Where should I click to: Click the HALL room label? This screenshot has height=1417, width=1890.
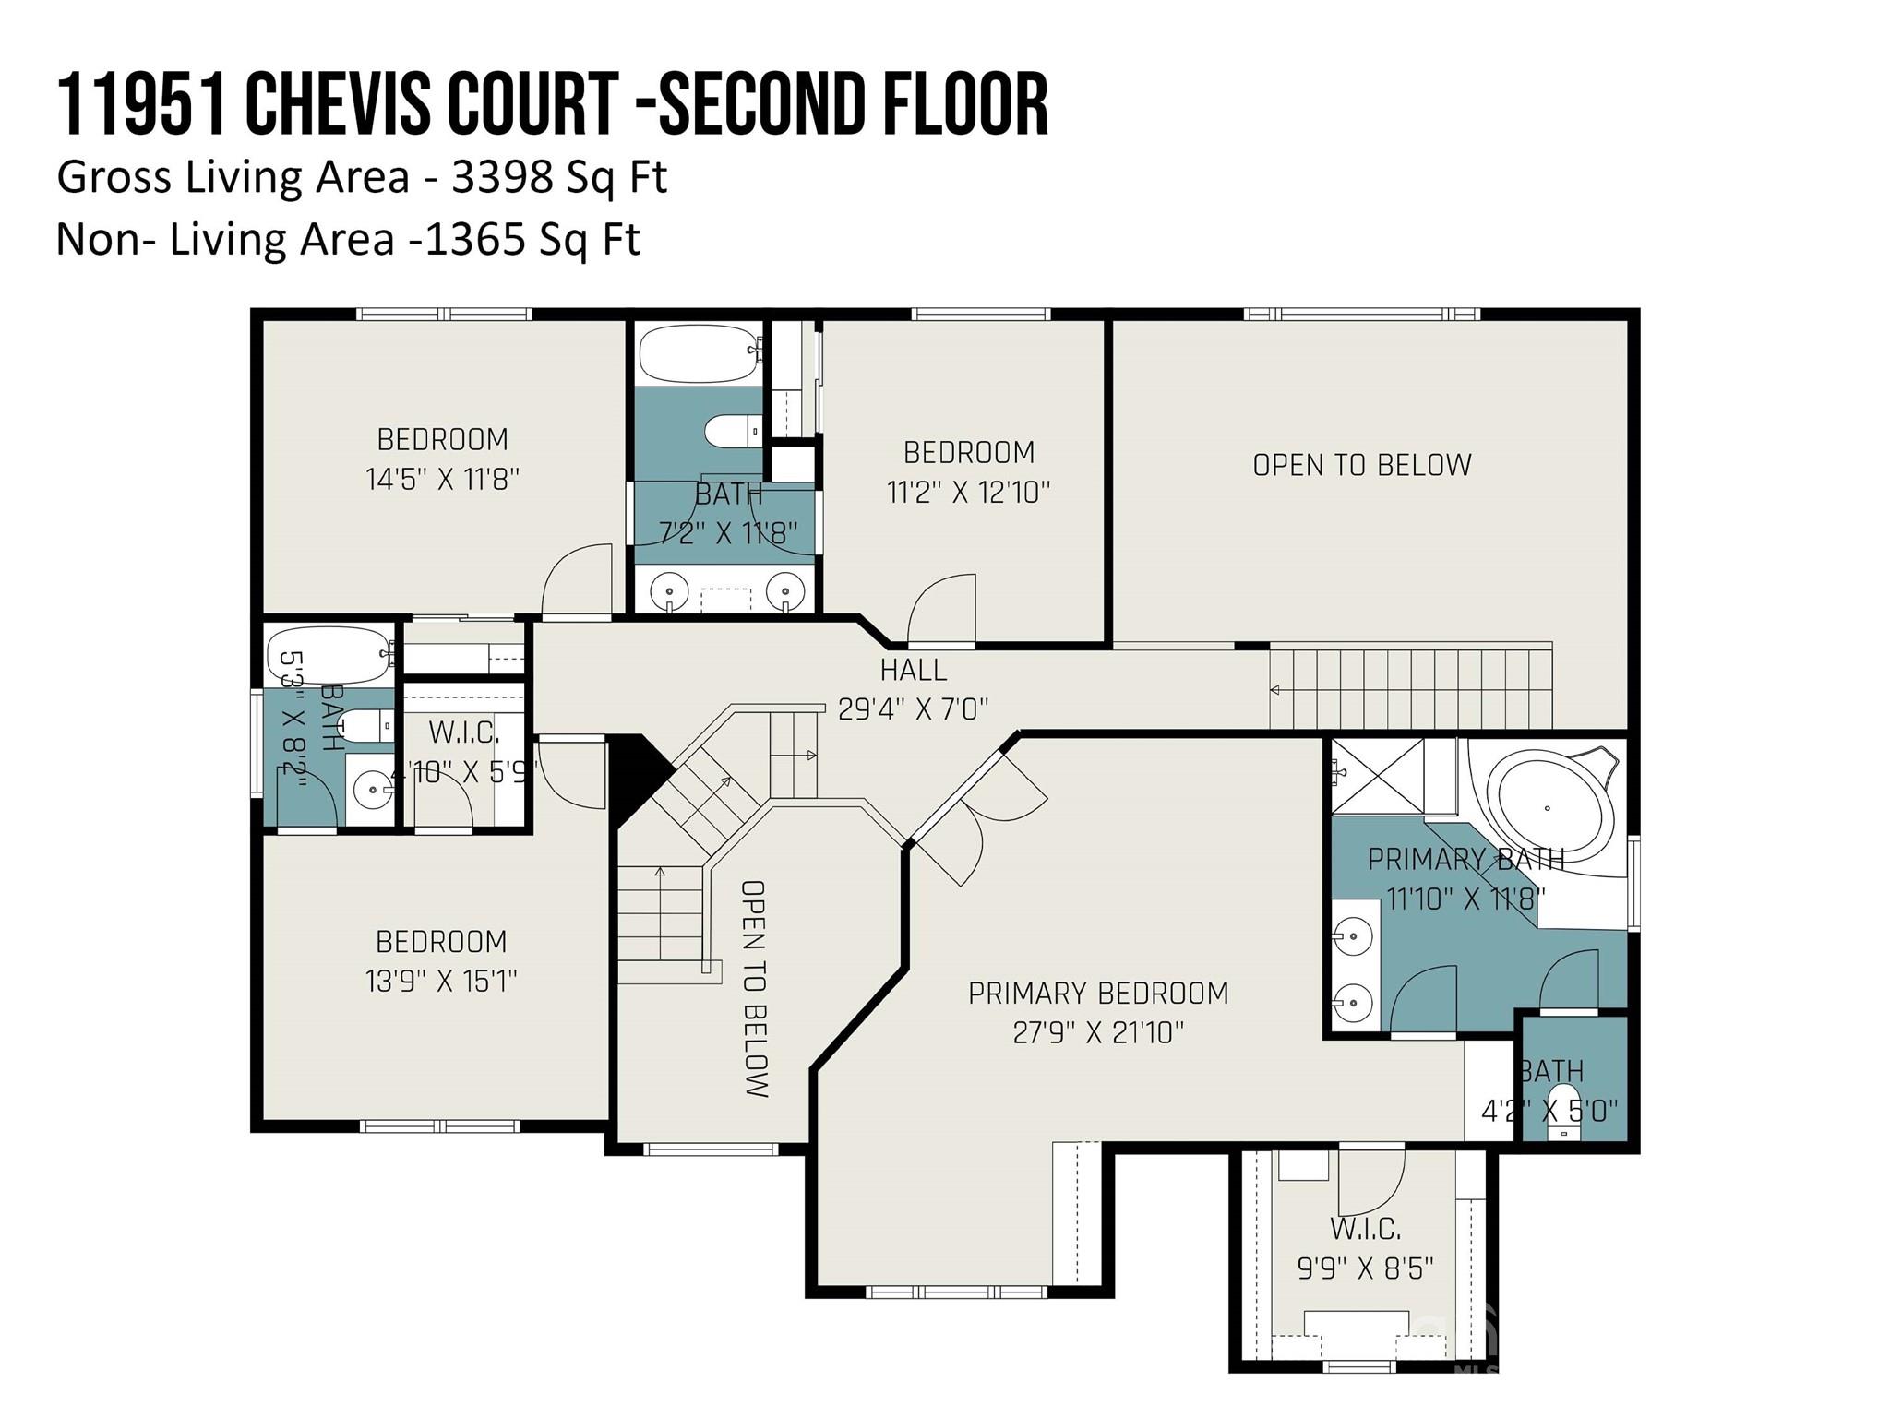(913, 669)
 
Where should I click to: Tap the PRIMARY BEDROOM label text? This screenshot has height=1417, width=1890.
(1098, 993)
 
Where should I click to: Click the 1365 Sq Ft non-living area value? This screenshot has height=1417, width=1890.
(533, 240)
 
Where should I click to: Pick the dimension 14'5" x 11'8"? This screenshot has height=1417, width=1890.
(443, 479)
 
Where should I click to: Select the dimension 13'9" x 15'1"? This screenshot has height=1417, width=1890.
(441, 981)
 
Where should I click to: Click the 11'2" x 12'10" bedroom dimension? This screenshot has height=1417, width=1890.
(969, 492)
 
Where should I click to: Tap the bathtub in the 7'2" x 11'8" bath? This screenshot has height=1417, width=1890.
(699, 352)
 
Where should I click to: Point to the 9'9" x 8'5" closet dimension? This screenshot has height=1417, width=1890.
(1366, 1268)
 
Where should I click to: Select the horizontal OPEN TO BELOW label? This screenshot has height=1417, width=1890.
(1362, 465)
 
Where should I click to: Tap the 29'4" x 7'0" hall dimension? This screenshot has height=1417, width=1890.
(913, 708)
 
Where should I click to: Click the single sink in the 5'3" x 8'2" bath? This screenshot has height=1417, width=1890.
(371, 790)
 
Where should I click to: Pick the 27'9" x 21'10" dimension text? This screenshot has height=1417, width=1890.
(1098, 1031)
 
